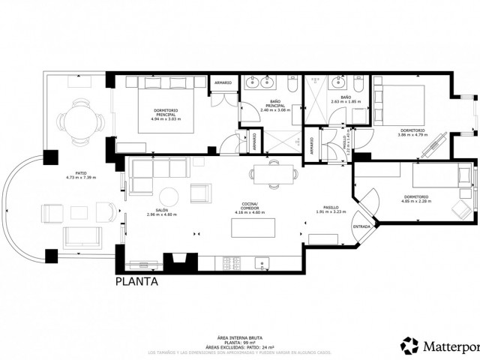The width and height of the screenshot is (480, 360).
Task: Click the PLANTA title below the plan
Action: point(136,283)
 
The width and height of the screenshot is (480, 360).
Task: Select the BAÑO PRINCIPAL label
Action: point(272,107)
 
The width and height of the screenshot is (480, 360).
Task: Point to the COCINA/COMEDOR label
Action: point(250,208)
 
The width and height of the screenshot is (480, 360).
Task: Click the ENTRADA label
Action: point(361,226)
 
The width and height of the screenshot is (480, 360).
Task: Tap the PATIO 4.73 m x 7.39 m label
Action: point(81,176)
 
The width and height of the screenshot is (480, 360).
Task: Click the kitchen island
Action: point(247,226)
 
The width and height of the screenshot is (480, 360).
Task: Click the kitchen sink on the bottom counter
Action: point(261,262)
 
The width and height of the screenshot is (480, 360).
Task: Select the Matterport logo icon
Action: point(412,345)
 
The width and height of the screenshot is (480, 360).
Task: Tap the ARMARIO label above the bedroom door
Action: point(223,82)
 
